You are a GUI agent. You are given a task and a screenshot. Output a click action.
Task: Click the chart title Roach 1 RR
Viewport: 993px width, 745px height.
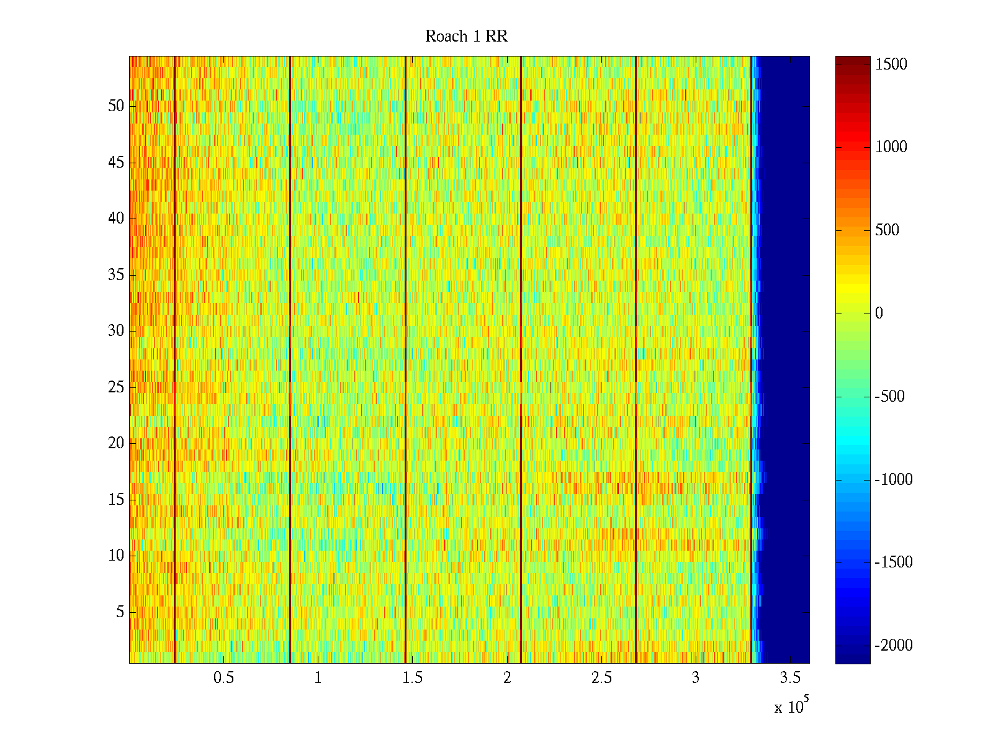click(466, 37)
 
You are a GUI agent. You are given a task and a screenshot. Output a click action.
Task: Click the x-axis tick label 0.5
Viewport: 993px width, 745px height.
click(223, 677)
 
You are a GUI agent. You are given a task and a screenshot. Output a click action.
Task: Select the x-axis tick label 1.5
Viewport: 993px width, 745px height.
click(412, 677)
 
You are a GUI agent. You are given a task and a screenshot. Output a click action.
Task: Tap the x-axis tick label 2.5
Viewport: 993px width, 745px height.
click(601, 677)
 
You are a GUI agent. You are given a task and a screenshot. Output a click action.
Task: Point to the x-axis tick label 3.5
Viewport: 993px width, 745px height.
click(790, 677)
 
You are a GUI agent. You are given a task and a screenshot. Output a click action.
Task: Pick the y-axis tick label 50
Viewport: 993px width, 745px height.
click(116, 106)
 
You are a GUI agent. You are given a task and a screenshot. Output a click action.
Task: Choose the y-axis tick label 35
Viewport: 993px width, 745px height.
click(116, 275)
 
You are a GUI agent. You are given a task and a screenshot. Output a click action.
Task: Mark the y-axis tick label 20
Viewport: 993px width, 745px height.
click(116, 443)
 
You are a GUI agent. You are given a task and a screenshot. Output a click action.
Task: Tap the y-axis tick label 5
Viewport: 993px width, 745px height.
click(120, 612)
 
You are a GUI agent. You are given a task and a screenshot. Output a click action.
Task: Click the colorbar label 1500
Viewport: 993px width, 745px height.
click(891, 65)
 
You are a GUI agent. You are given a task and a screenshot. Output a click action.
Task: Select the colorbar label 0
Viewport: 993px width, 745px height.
click(879, 314)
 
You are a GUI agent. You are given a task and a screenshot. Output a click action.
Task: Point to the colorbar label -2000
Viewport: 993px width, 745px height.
click(894, 646)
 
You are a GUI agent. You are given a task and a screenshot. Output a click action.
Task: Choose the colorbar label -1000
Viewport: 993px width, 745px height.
click(894, 480)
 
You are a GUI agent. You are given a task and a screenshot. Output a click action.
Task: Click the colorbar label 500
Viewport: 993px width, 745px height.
click(887, 230)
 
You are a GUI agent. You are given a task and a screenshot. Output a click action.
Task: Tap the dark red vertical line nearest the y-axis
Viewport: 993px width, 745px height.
click(174, 360)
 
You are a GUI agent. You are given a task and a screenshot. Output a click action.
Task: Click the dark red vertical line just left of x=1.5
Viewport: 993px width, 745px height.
click(405, 360)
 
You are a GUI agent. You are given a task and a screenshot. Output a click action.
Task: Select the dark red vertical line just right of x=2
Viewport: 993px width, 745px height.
click(521, 360)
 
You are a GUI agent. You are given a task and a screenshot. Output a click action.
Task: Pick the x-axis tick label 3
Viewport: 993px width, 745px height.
click(696, 677)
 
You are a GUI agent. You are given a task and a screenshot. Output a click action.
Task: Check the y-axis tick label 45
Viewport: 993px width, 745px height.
click(116, 163)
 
